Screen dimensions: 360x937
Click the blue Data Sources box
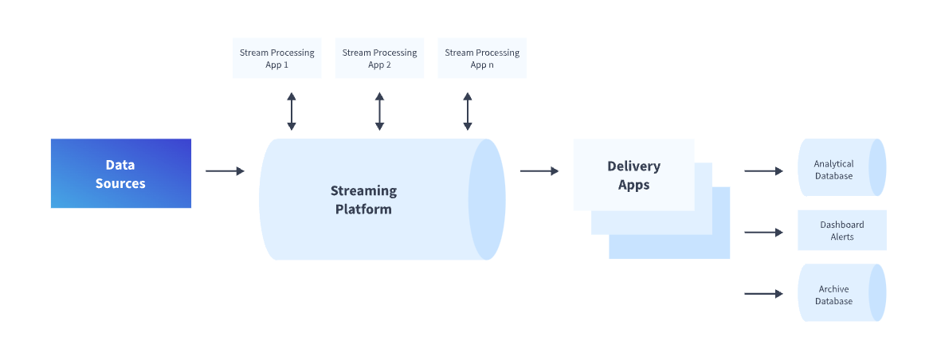121,174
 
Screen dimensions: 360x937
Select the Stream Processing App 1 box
277,58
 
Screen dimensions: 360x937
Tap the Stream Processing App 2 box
379,58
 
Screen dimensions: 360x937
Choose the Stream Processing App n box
482,58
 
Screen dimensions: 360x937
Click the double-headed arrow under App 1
292,112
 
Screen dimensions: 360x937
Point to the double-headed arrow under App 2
379,112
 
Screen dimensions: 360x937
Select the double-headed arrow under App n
468,112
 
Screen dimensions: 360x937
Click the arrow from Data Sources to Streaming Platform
225,171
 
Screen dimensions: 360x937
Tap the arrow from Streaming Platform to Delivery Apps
539,171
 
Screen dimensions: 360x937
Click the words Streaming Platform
363,200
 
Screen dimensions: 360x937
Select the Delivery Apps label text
633,175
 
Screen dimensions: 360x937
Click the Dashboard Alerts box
841,231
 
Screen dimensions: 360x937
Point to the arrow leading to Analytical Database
763,171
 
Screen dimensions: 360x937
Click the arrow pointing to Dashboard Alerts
763,233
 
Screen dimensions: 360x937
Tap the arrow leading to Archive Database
763,294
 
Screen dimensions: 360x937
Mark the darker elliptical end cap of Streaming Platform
487,199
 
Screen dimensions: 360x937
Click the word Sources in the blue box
120,183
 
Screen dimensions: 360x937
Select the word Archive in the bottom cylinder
833,289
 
